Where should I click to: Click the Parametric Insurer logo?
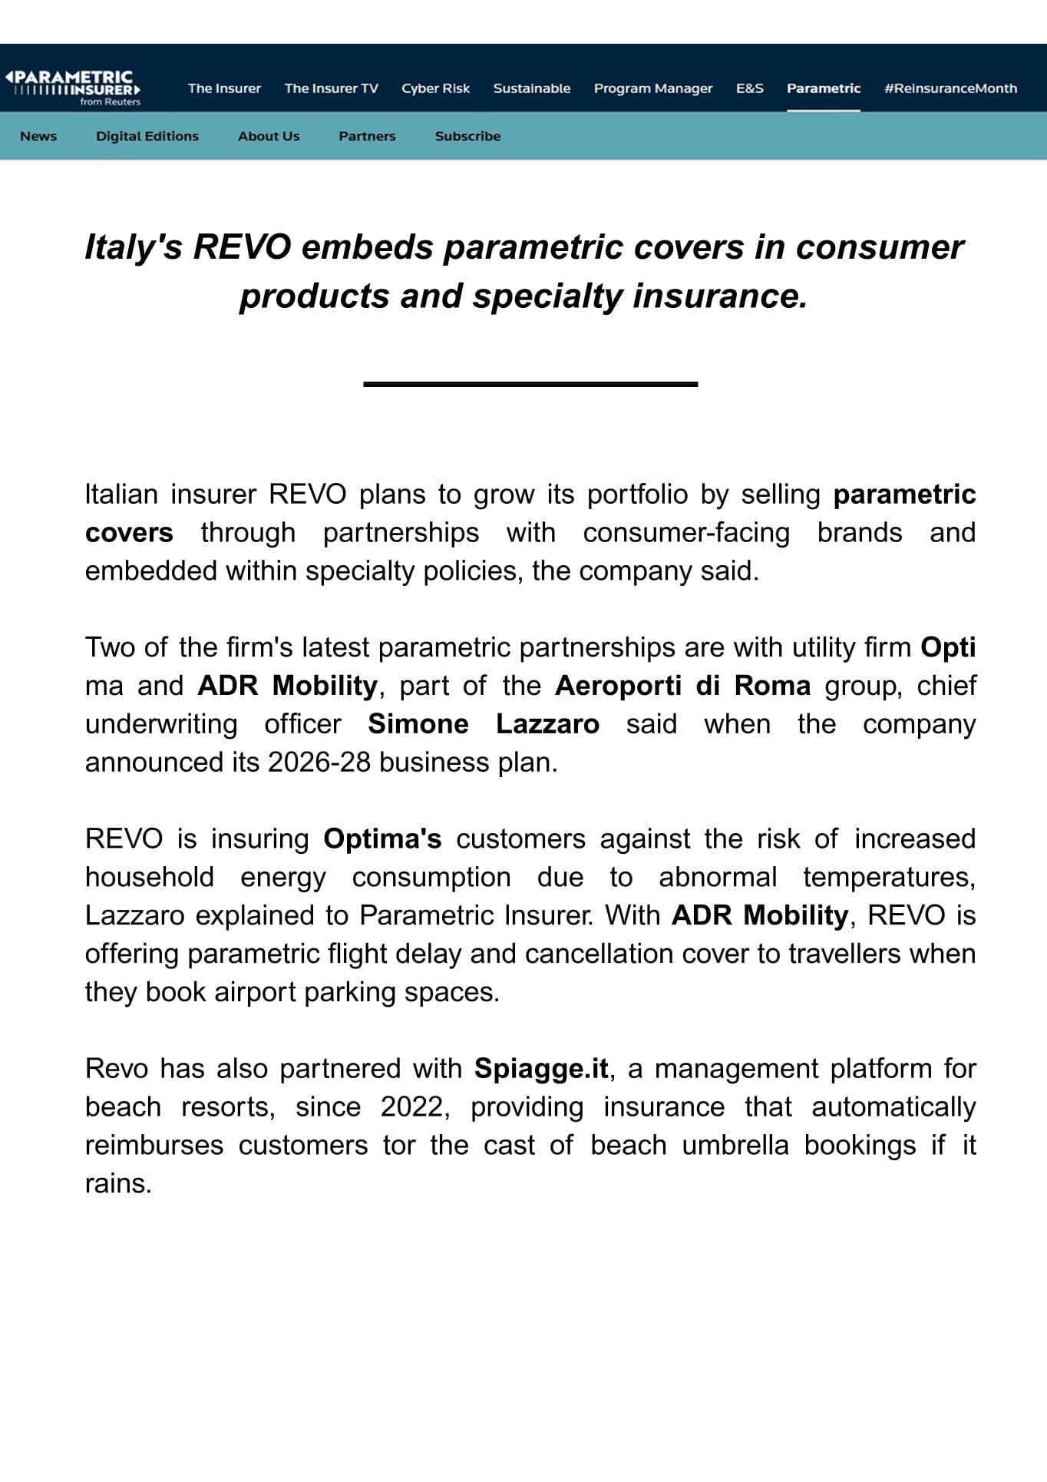[x=73, y=88]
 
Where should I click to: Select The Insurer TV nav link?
[x=331, y=88]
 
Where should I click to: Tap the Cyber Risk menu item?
[x=435, y=88]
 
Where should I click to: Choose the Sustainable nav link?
[x=531, y=88]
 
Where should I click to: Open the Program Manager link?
[x=652, y=88]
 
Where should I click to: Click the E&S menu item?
[x=749, y=88]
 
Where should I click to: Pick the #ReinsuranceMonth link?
[x=950, y=88]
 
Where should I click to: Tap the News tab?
[x=38, y=136]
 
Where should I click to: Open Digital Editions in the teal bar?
[x=147, y=136]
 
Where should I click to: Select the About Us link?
[x=269, y=136]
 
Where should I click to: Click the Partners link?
[x=367, y=136]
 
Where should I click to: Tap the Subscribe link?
[x=467, y=136]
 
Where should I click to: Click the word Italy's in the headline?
[x=133, y=247]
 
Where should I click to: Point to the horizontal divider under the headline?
[x=530, y=383]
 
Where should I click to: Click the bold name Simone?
[x=418, y=723]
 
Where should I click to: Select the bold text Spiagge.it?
[x=541, y=1068]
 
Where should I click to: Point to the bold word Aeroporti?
[x=618, y=685]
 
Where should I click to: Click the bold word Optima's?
[x=382, y=839]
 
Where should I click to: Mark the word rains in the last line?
[x=117, y=1183]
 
